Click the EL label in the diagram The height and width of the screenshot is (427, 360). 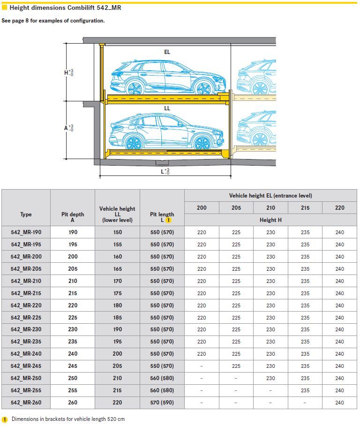[x=167, y=52]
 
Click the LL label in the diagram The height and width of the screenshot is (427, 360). [x=167, y=108]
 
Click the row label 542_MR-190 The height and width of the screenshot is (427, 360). [x=26, y=232]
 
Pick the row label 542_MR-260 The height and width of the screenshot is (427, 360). [x=26, y=403]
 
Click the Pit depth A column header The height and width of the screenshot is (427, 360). [x=73, y=217]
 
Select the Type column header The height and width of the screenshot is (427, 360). [x=26, y=214]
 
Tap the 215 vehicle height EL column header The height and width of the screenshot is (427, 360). [x=305, y=208]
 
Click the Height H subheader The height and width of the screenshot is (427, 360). [x=270, y=220]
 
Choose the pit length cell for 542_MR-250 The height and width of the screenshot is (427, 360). [x=162, y=378]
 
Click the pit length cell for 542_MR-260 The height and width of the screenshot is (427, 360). [x=162, y=403]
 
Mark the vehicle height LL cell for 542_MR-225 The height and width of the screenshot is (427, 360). [x=117, y=318]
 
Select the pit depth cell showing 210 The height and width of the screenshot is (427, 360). [x=73, y=281]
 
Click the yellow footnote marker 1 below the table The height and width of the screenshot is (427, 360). [x=5, y=419]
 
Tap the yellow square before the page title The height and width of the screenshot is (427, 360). [x=4, y=7]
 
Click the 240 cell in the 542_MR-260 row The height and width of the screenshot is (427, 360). [x=339, y=403]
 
